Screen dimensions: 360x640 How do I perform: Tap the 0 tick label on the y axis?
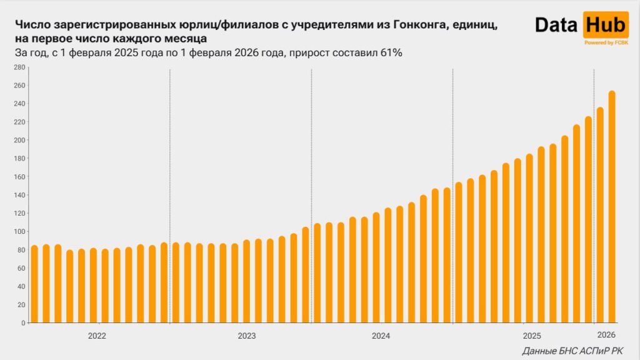click(x=22, y=323)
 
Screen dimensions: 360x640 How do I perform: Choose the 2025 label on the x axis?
click(x=532, y=335)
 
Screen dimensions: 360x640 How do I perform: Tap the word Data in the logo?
click(x=557, y=25)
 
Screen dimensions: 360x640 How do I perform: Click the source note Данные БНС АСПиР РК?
click(x=572, y=351)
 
